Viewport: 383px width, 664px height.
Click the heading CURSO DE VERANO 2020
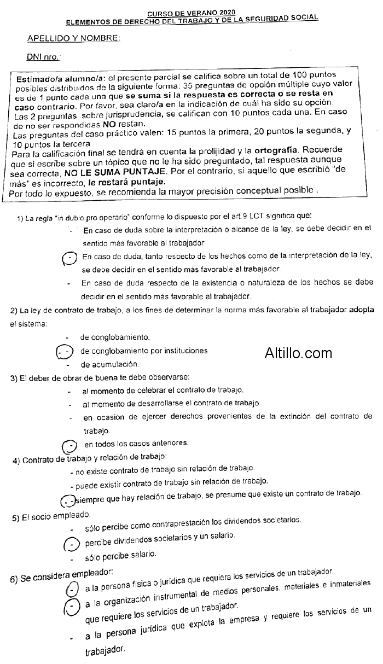[191, 11]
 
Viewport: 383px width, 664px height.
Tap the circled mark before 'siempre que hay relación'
[67, 500]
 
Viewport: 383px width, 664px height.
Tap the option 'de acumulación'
[109, 364]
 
